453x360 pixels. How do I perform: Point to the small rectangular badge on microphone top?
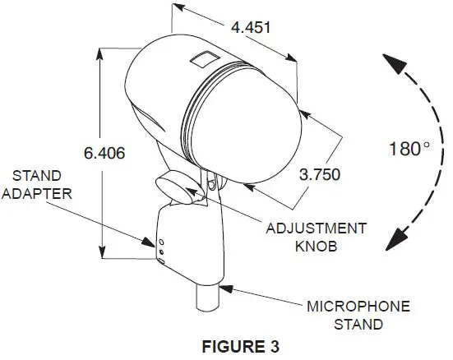point(200,58)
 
